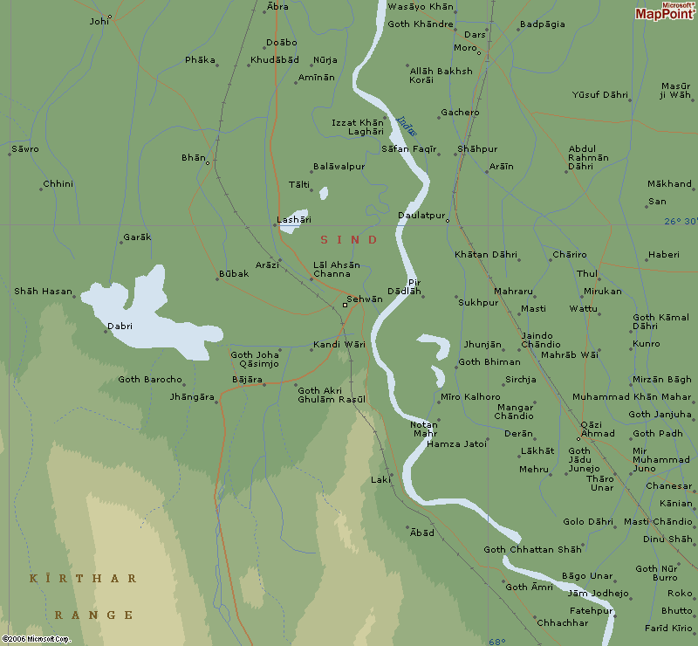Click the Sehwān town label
tap(365, 299)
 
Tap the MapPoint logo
tap(665, 11)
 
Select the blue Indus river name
tap(407, 127)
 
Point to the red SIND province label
tap(349, 240)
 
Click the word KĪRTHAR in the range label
tap(84, 579)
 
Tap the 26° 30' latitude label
tap(680, 222)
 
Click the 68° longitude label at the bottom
tap(496, 641)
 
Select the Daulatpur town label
tap(421, 215)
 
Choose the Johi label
tap(100, 20)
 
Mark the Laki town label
tap(380, 480)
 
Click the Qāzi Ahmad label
tap(597, 428)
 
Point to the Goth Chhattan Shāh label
tap(532, 549)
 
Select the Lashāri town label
tap(293, 220)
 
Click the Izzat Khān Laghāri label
tap(358, 127)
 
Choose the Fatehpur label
tap(591, 610)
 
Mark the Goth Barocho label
tap(150, 380)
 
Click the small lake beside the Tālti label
tap(324, 193)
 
